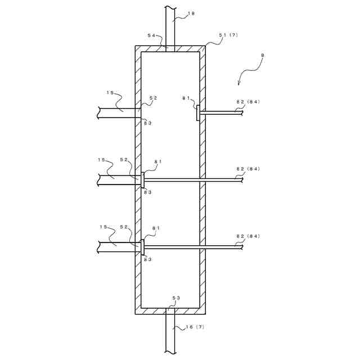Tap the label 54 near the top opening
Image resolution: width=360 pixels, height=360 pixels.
[152, 35]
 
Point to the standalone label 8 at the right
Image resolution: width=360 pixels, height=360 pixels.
[263, 55]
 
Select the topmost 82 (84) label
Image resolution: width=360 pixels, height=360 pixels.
[247, 101]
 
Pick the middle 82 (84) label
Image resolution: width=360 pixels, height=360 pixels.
[247, 169]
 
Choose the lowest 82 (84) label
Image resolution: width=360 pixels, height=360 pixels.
[247, 236]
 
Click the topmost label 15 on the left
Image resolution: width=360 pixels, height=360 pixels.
[110, 92]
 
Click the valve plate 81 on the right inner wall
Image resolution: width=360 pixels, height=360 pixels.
[197, 112]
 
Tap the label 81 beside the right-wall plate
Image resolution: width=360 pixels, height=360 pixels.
[186, 98]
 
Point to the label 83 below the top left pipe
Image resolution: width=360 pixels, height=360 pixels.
[147, 123]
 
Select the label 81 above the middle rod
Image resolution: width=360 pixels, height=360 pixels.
[157, 161]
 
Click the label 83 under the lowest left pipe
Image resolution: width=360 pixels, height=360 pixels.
[147, 259]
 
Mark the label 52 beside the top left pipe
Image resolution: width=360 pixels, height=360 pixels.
[153, 98]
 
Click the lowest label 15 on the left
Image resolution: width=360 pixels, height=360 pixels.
[103, 227]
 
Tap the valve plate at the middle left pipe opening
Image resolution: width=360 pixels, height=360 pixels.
[143, 180]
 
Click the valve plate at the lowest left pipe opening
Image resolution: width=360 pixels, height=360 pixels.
[143, 247]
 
